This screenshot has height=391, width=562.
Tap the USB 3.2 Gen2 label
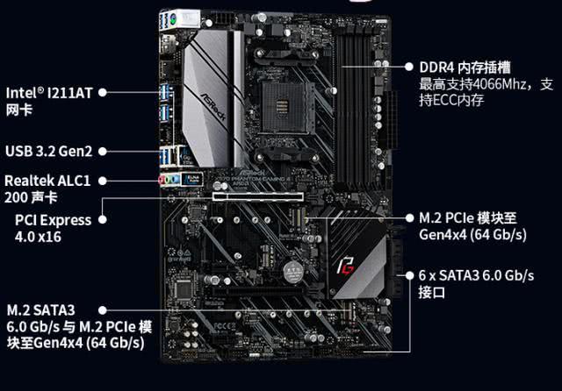coord(47,151)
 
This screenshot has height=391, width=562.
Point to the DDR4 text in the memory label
coord(435,68)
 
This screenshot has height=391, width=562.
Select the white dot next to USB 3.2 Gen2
coord(103,151)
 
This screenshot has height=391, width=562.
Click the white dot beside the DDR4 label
coord(410,67)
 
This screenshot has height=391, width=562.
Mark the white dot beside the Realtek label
coord(103,180)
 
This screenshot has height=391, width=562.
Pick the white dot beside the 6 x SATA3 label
coord(409,275)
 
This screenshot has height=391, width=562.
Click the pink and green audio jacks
coord(167,178)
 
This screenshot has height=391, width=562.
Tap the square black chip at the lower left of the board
coord(184,288)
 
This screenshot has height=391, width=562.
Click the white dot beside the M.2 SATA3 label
coord(103,309)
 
